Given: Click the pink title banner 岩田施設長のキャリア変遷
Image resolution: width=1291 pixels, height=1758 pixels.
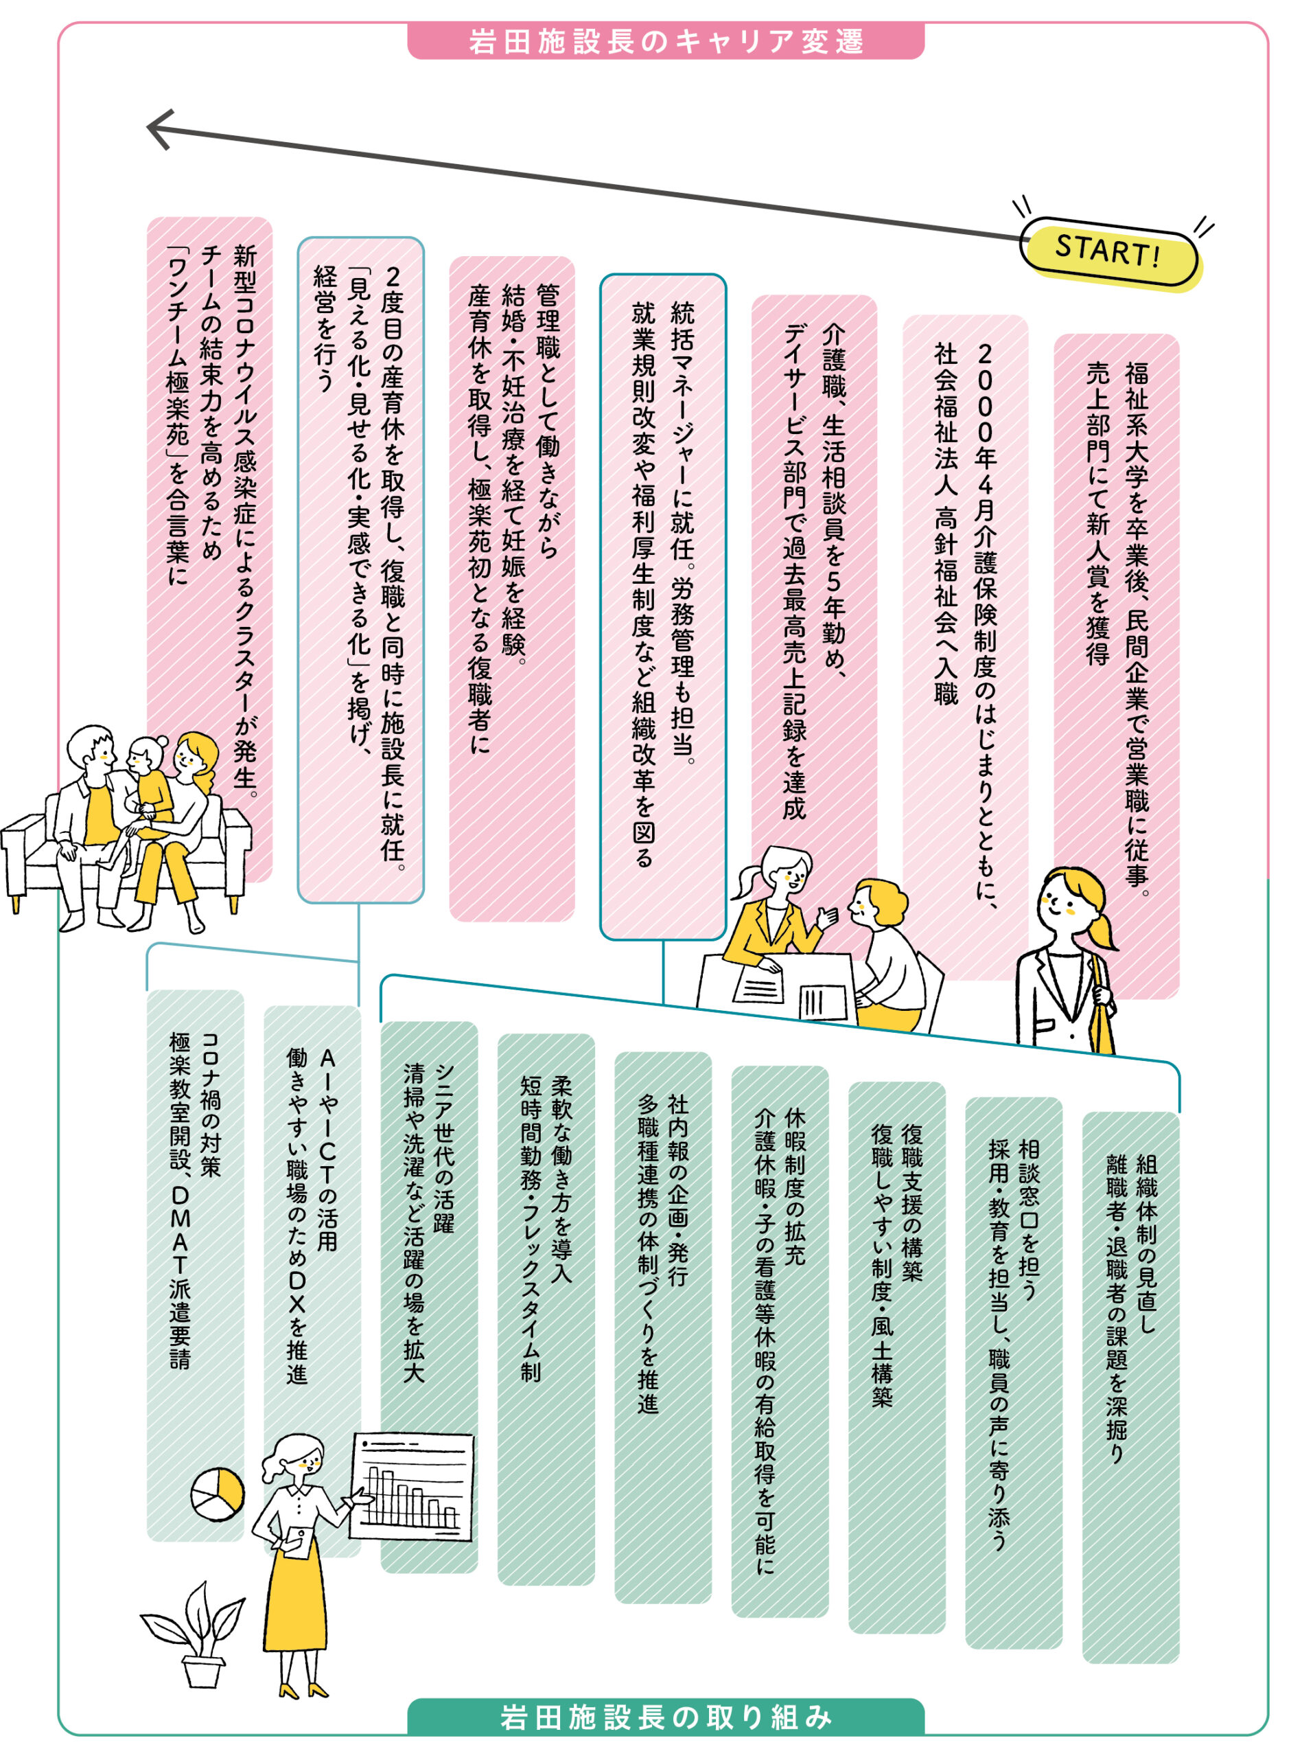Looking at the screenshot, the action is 665,41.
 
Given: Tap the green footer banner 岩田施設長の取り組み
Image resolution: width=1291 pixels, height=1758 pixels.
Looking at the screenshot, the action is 665,1717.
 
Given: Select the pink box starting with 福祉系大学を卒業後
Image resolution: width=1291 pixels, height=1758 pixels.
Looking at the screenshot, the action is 1116,666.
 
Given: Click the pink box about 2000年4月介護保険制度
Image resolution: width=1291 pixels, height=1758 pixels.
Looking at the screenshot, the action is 965,647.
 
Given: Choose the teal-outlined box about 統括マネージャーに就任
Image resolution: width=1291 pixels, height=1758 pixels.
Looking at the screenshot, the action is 663,606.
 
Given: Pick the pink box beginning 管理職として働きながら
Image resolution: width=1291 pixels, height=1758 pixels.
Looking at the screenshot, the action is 512,589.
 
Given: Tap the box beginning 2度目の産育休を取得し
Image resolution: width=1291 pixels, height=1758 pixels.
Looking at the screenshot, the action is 360,570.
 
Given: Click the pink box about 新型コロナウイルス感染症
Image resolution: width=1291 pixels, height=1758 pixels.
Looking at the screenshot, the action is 209,549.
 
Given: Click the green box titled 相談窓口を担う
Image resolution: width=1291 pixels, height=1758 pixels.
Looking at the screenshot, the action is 1014,1373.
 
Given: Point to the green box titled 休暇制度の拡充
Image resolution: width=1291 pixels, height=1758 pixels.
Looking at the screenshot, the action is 780,1341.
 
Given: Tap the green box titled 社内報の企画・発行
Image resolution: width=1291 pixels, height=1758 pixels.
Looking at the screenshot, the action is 663,1327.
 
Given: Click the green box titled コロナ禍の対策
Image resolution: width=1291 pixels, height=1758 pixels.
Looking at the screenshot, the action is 196,1266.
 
